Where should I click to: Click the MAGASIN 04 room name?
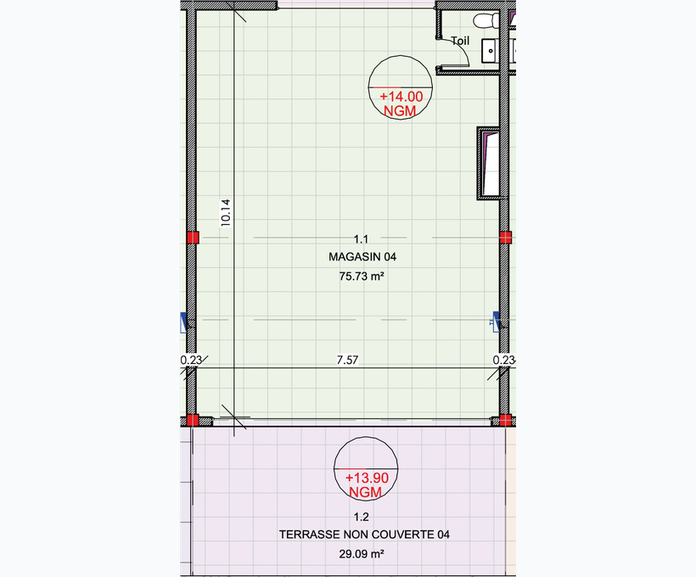[x=362, y=256]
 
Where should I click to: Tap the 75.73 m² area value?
[x=362, y=276]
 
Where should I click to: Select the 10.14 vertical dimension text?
[x=226, y=213]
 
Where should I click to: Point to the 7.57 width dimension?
[x=347, y=360]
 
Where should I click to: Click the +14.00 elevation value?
[x=401, y=97]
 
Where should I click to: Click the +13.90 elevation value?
[x=367, y=478]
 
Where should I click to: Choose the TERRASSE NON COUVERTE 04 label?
[x=364, y=535]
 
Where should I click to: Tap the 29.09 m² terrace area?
[x=362, y=554]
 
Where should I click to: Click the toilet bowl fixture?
[x=486, y=20]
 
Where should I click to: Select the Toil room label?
[x=460, y=41]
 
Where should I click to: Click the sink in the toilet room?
[x=490, y=51]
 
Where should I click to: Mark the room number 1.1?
[x=361, y=239]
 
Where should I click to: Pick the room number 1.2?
[x=361, y=517]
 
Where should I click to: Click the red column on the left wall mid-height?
[x=193, y=238]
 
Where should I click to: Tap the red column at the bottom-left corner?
[x=193, y=420]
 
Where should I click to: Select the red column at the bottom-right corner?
[x=505, y=420]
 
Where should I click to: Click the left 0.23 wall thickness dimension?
[x=191, y=360]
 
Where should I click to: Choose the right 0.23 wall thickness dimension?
[x=504, y=360]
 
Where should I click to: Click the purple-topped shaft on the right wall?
[x=488, y=163]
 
